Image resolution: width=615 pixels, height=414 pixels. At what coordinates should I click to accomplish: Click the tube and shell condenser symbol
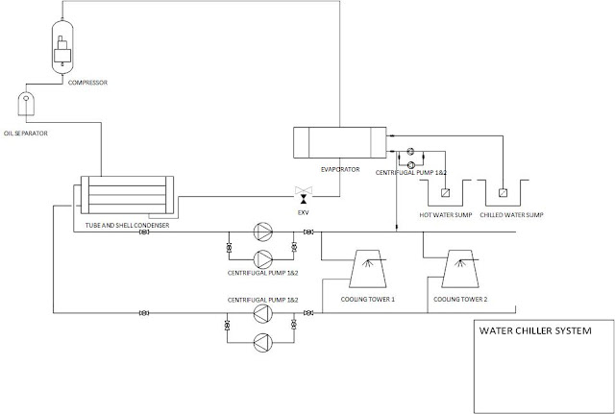click(126, 197)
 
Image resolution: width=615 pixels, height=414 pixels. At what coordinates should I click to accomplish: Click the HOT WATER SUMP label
click(446, 215)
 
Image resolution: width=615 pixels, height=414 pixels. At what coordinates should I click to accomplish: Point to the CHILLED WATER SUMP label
click(511, 215)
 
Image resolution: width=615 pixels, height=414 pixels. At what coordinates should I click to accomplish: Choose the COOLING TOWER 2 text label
click(460, 299)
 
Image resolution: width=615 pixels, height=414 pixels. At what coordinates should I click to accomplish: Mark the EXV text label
click(305, 211)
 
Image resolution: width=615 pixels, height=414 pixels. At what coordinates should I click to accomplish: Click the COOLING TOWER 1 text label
click(368, 299)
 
